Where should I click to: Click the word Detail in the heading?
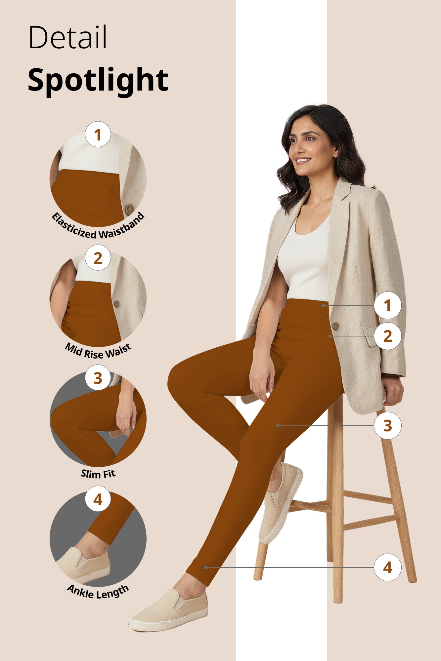tap(68, 37)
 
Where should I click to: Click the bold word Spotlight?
tap(98, 80)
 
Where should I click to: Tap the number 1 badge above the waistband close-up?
tap(98, 135)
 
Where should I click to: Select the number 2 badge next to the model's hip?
tap(387, 336)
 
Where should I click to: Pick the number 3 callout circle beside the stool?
tap(387, 426)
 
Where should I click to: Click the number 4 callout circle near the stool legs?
tap(387, 567)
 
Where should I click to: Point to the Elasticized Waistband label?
tap(98, 228)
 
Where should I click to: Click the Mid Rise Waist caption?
tap(98, 351)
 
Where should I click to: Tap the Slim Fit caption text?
tap(98, 474)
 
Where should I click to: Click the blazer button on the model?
tap(335, 326)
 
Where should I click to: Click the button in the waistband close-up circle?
tap(129, 209)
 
